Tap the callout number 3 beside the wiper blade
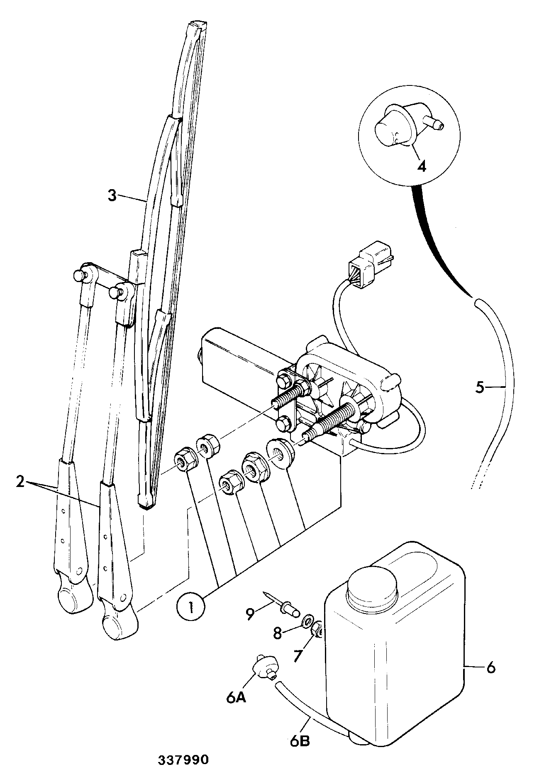click(x=112, y=195)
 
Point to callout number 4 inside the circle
click(x=421, y=166)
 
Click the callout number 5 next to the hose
click(x=480, y=388)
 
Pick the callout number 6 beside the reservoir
click(x=491, y=667)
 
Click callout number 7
click(x=299, y=657)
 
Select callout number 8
click(x=277, y=633)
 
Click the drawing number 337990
click(x=183, y=760)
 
